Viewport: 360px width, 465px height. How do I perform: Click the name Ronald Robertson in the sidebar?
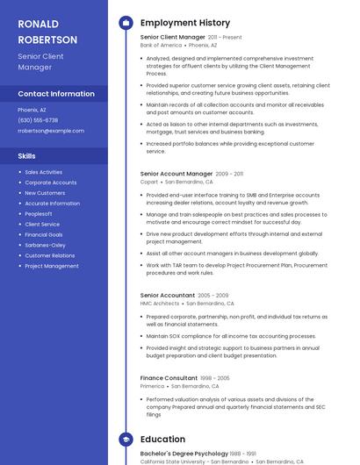(x=47, y=32)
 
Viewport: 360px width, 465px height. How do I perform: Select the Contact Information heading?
(x=56, y=94)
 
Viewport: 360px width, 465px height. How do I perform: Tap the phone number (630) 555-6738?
(x=38, y=120)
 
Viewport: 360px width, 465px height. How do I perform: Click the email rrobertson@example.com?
(x=51, y=131)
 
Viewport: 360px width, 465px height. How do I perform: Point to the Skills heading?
(x=26, y=156)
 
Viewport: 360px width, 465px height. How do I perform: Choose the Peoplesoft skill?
(x=39, y=214)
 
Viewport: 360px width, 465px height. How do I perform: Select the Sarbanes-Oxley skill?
(x=45, y=246)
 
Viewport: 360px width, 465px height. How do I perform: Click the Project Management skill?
(x=52, y=266)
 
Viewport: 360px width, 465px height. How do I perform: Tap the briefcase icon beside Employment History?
(x=126, y=23)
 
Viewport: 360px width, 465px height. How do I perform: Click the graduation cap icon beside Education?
(x=126, y=440)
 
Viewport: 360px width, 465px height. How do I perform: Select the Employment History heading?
(x=185, y=23)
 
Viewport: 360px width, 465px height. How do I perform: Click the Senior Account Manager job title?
(x=176, y=174)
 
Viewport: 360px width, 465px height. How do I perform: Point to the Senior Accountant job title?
(x=168, y=296)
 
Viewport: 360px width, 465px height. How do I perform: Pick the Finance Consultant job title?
(x=169, y=378)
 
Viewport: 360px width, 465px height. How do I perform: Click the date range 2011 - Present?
(x=225, y=38)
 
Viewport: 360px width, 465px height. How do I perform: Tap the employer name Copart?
(x=149, y=182)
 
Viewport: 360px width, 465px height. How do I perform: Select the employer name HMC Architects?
(x=160, y=304)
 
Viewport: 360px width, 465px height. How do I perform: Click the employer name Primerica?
(x=153, y=386)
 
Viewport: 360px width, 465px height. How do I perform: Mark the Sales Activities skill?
(x=44, y=172)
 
